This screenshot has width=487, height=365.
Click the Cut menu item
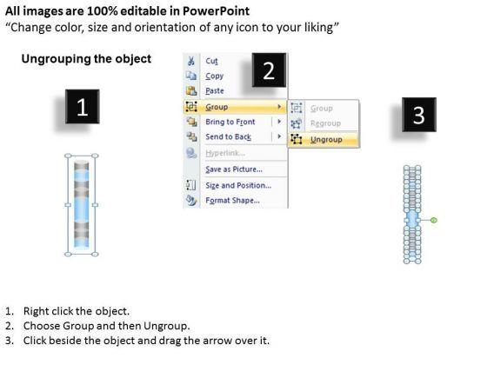tap(211, 61)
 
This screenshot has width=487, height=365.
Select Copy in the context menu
tap(214, 76)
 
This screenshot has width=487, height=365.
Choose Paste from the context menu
tap(215, 90)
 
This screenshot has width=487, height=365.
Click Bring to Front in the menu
tap(230, 122)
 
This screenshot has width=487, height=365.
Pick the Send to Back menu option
tap(228, 136)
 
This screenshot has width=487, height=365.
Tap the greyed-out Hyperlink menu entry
tap(225, 153)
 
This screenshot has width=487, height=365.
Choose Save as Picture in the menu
tap(234, 169)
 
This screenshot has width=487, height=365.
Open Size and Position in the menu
tap(238, 185)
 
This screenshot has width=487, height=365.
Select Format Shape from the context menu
tap(233, 200)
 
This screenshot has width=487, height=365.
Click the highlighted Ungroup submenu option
tap(326, 139)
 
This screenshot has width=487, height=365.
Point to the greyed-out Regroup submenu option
tap(325, 123)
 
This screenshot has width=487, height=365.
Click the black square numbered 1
tap(83, 106)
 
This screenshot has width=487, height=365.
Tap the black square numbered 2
tap(269, 70)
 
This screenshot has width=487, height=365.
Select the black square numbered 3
tap(419, 115)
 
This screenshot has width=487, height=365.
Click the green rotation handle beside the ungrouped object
tap(434, 220)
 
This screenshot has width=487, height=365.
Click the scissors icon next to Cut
tap(191, 61)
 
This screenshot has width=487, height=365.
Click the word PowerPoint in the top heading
tap(216, 11)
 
